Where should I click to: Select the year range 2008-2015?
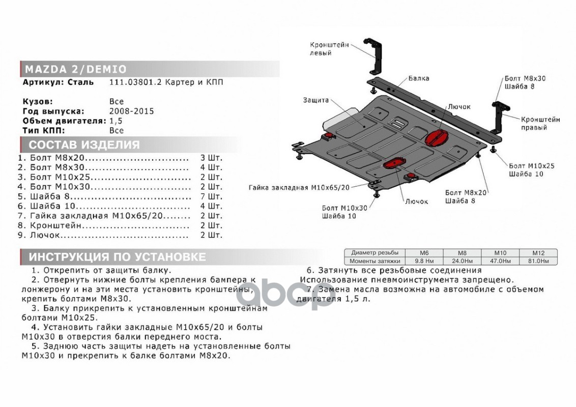131,111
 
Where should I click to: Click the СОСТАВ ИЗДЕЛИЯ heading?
84,144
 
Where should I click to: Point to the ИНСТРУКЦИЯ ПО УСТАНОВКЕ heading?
117,257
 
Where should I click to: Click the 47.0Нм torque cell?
500,260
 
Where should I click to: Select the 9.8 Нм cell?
424,260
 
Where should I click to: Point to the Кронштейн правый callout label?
540,123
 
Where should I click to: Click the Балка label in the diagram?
418,78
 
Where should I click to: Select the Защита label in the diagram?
315,100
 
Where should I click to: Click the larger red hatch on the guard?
437,138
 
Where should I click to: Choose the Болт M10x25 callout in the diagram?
531,166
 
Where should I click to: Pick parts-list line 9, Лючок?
46,235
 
